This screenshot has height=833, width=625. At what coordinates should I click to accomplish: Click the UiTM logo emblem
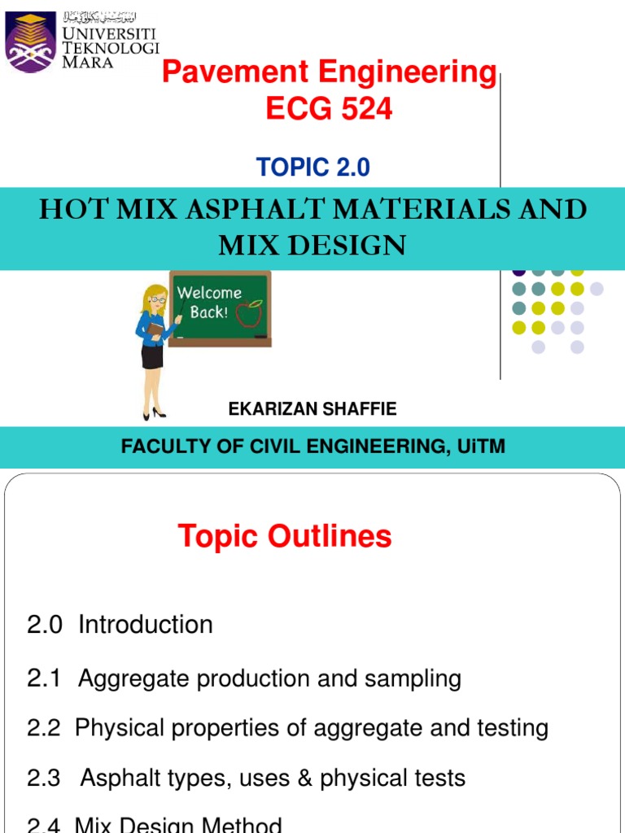pyautogui.click(x=31, y=41)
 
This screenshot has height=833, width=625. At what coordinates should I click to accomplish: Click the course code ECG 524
pyautogui.click(x=329, y=109)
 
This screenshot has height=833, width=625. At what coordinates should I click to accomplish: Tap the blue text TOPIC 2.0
pyautogui.click(x=313, y=168)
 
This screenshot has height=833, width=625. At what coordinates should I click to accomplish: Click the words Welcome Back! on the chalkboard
pyautogui.click(x=209, y=302)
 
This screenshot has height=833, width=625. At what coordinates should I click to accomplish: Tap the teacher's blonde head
pyautogui.click(x=154, y=299)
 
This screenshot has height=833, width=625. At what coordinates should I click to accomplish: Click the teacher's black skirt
pyautogui.click(x=152, y=355)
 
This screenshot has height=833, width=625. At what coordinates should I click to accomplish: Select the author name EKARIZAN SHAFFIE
pyautogui.click(x=312, y=409)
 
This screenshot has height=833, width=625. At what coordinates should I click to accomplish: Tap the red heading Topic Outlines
pyautogui.click(x=285, y=536)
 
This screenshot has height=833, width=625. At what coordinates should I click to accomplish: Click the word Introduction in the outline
pyautogui.click(x=146, y=625)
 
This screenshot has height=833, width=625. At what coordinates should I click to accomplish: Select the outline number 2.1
pyautogui.click(x=44, y=678)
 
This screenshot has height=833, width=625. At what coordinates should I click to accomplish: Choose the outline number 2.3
pyautogui.click(x=44, y=778)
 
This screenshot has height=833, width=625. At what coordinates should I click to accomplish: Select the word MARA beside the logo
pyautogui.click(x=89, y=63)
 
